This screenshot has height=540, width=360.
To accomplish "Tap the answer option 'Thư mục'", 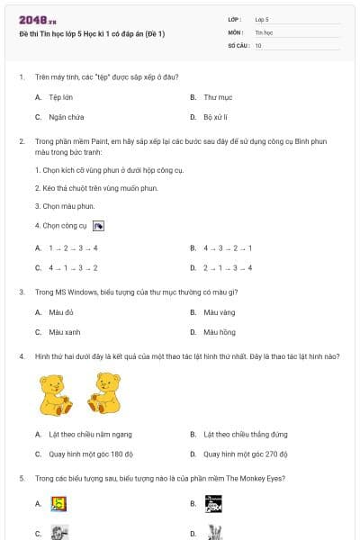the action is (x=218, y=96).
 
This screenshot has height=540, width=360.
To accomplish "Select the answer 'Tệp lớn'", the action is (x=61, y=96).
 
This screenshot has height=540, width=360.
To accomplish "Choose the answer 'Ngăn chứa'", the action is (x=66, y=117).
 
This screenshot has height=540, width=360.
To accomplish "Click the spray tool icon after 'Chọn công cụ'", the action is (x=98, y=226).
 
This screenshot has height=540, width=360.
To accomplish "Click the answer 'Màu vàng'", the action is (x=219, y=312).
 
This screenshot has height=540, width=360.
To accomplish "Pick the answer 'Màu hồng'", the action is (x=219, y=332).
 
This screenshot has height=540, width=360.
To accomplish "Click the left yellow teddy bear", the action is (x=57, y=394).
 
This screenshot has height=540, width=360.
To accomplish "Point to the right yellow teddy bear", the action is (x=103, y=394).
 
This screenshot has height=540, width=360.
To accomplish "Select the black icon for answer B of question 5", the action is (x=212, y=504).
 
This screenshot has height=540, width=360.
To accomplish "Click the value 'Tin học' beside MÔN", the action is (x=263, y=31).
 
